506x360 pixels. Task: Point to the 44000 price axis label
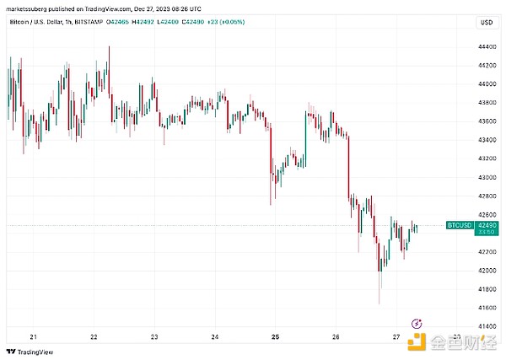[x=487, y=84]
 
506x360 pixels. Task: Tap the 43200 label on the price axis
[x=487, y=159]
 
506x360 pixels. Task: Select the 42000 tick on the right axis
[x=487, y=271]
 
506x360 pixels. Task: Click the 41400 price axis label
[x=487, y=326]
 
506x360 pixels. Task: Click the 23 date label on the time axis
[x=154, y=336]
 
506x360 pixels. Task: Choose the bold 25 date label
[x=275, y=336]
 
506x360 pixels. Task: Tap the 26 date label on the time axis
[x=335, y=336]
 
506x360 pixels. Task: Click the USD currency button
[x=486, y=23]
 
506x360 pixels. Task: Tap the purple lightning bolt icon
[x=416, y=323]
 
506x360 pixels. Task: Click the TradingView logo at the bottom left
[x=26, y=352]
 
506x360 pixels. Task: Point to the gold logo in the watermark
[x=417, y=341]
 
